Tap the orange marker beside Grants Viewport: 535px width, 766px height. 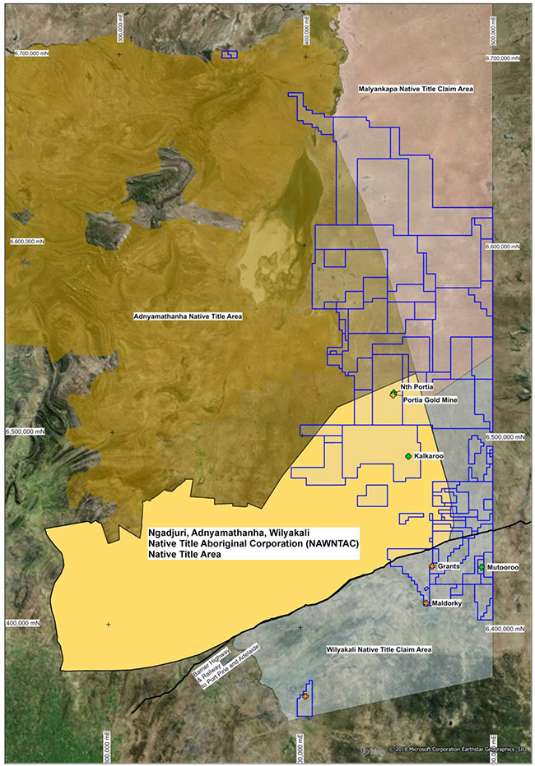432,567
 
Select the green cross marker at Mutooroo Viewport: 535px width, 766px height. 481,567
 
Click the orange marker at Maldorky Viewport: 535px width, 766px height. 426,603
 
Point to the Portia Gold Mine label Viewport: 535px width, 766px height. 430,400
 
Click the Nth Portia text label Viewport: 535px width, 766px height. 416,386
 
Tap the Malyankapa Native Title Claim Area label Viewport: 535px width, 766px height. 415,88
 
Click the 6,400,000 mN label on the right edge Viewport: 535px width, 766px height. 504,629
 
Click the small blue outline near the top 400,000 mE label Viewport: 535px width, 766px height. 230,55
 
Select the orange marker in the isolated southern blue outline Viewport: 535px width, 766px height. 305,696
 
